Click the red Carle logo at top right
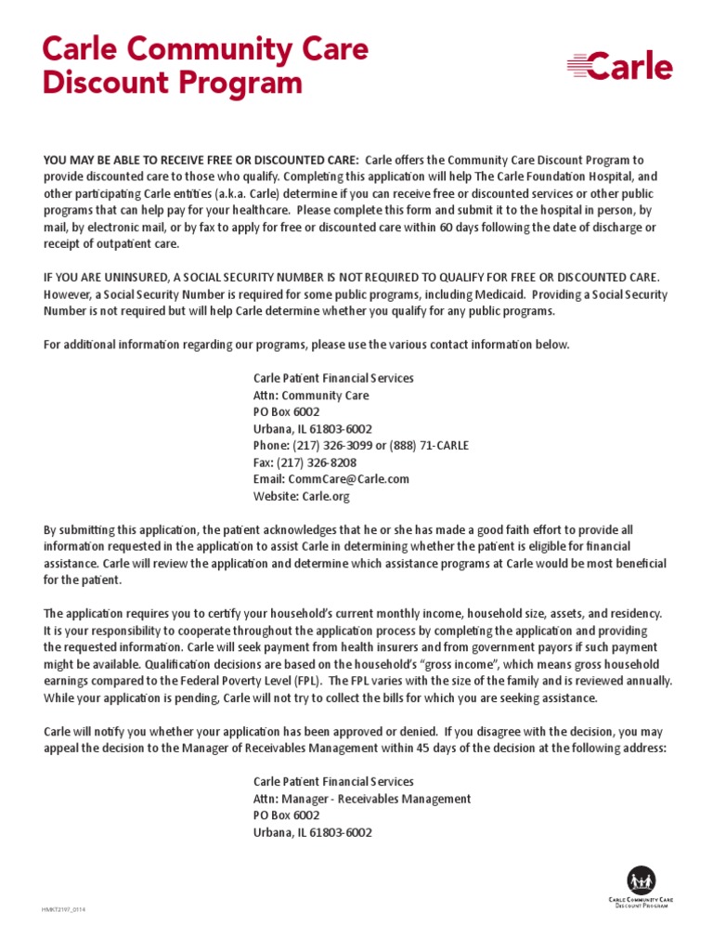[620, 67]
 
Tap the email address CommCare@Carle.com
[349, 479]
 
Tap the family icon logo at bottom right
[641, 879]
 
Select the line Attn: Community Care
[311, 396]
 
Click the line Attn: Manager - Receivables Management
[362, 799]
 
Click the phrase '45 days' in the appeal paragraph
[425, 748]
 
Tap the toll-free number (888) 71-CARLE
[428, 446]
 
